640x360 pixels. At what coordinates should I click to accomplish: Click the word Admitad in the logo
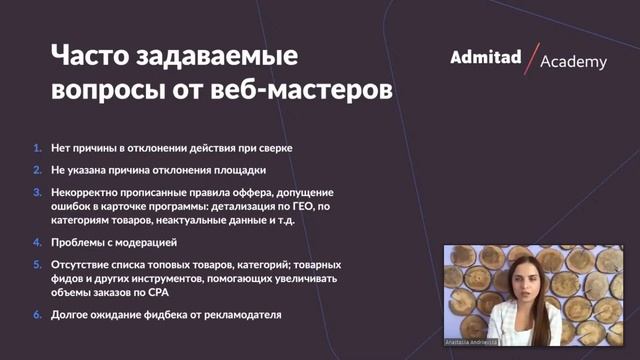(x=486, y=57)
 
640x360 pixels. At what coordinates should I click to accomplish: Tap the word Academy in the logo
(x=573, y=62)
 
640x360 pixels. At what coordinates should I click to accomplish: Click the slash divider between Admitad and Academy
(x=530, y=58)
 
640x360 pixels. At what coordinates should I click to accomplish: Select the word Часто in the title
(x=97, y=56)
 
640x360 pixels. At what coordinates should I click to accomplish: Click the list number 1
(x=37, y=148)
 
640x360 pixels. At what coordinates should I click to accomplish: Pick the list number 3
(x=37, y=191)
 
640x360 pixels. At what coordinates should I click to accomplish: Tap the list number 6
(x=37, y=315)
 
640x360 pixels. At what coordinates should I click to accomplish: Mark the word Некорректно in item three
(x=84, y=191)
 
